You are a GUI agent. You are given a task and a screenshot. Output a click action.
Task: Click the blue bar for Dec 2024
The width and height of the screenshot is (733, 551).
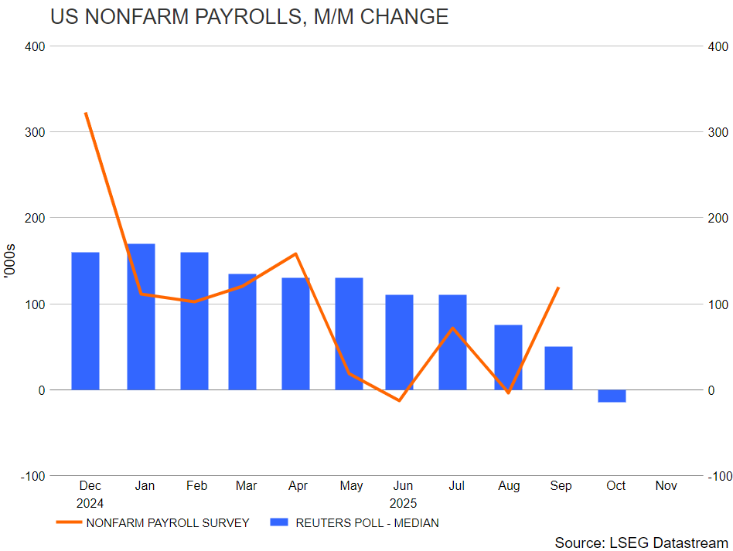(85, 321)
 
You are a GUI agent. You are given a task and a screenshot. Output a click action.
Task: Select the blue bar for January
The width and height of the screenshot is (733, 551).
(141, 317)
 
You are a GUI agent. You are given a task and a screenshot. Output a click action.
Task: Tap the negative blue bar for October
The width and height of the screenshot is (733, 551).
(612, 396)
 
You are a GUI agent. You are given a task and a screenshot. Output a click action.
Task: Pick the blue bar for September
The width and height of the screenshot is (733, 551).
(558, 368)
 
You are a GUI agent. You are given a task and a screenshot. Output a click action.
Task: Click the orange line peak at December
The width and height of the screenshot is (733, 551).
(85, 113)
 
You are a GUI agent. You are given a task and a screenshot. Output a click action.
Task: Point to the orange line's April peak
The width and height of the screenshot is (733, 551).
(295, 253)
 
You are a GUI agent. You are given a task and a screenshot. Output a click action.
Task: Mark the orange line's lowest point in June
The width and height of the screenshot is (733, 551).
(400, 400)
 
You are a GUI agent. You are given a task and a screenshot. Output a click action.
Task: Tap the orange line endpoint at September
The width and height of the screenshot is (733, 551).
(558, 287)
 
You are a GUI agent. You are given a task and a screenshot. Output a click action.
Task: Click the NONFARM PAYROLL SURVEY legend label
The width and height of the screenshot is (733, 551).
(168, 523)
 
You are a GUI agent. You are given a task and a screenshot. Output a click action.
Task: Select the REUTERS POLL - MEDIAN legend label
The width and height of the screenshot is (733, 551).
(366, 523)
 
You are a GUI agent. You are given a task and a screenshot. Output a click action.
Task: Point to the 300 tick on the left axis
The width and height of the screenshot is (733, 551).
(34, 132)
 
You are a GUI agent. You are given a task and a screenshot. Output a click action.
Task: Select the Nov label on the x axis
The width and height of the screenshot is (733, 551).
(666, 486)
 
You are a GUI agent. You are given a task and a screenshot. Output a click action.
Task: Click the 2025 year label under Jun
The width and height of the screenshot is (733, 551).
(403, 502)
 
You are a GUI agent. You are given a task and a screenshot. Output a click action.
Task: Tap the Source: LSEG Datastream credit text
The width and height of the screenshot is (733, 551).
(641, 542)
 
